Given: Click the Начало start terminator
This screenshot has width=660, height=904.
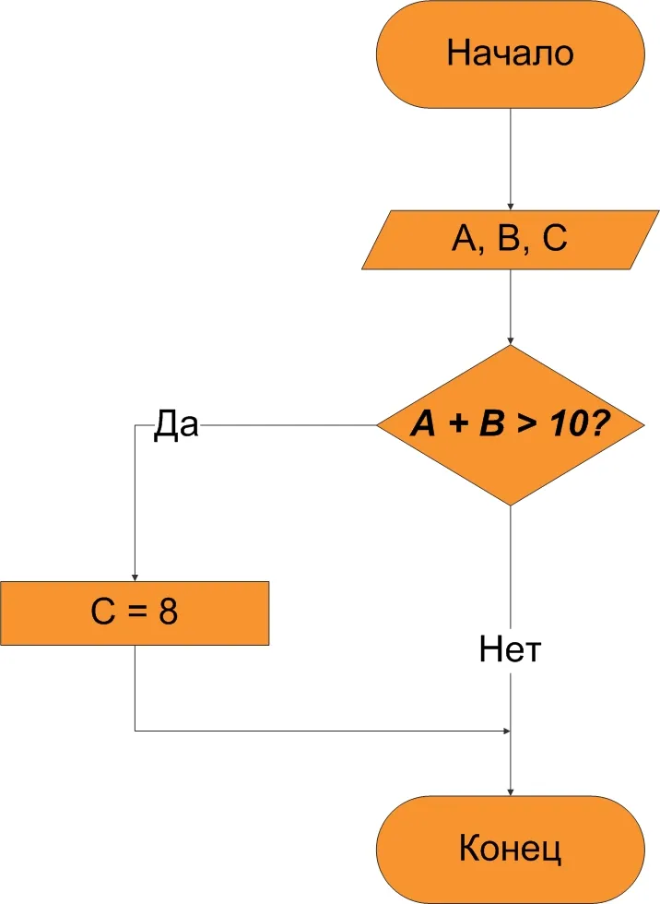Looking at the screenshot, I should point(510,53).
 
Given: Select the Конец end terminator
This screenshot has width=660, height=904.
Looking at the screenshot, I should point(510,849).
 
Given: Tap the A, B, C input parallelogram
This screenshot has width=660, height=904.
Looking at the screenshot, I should point(510,240).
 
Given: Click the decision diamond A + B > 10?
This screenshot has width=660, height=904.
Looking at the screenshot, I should point(510,425).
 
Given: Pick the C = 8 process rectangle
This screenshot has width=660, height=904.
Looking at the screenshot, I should point(135,613).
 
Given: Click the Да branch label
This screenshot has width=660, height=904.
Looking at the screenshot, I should point(175,426).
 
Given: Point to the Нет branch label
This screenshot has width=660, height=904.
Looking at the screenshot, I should point(510,650).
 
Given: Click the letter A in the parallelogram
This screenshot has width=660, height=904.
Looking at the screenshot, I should point(462,240).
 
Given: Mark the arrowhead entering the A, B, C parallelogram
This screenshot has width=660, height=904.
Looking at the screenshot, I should point(511,205).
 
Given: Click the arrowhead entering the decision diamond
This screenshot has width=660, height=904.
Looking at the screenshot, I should point(511,340).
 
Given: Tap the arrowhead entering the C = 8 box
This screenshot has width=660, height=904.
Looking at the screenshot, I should point(136,576).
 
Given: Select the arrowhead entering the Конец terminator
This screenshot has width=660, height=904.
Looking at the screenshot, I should point(511,791).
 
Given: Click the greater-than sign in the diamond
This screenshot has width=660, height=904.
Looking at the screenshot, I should point(528,426).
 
